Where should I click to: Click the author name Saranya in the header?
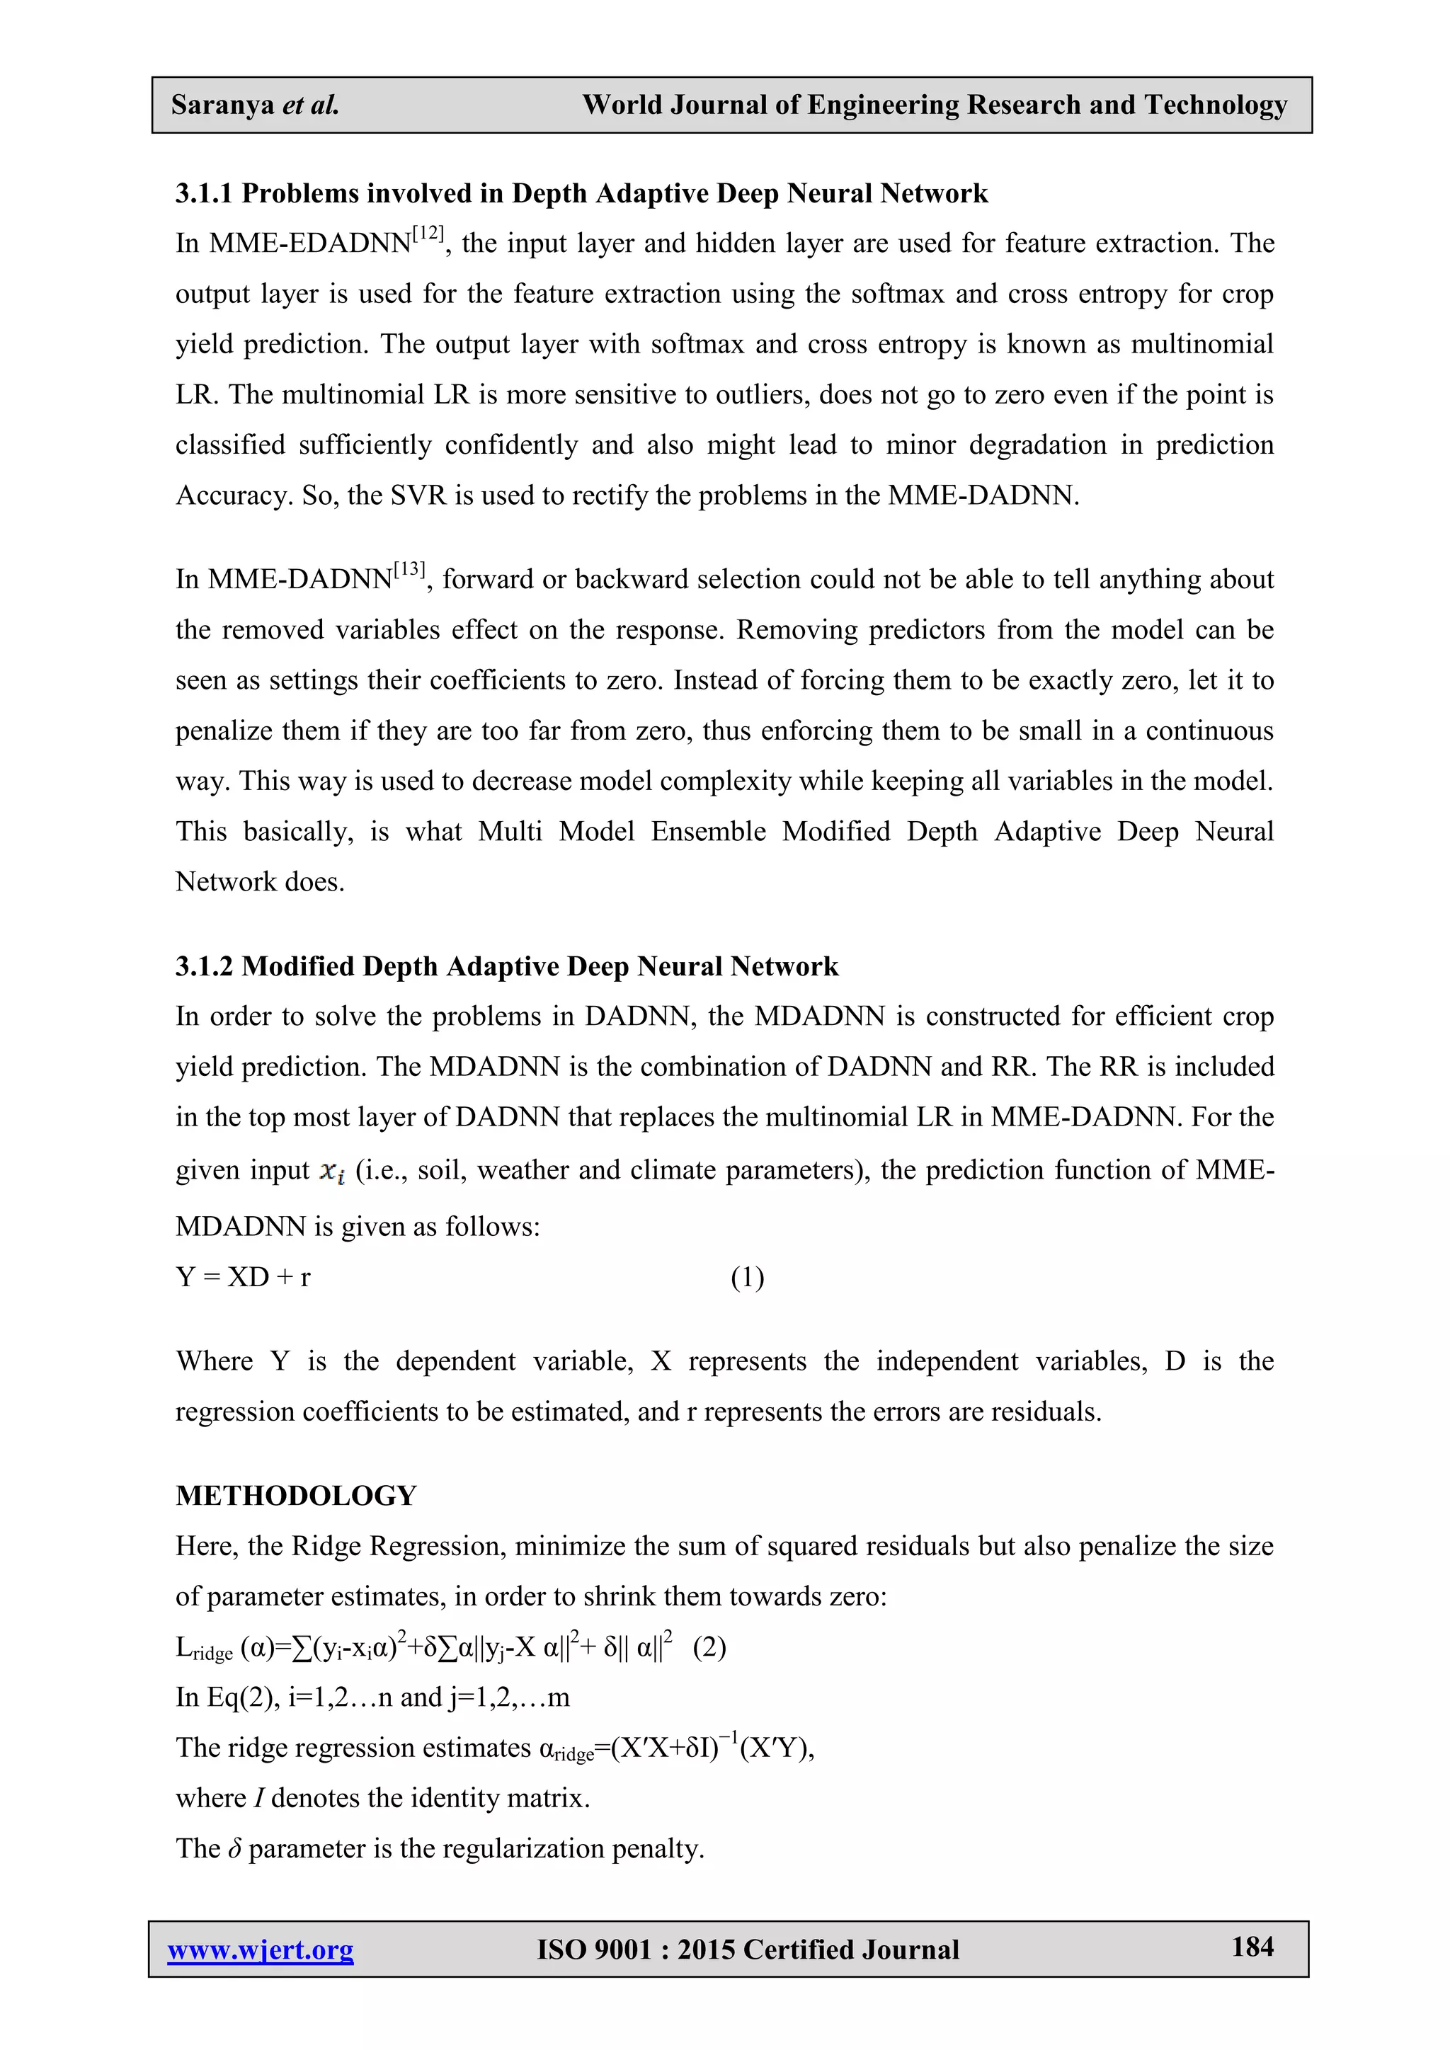[x=222, y=105]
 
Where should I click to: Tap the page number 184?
[x=1252, y=1947]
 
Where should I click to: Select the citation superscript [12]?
[x=428, y=234]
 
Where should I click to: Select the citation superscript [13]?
[x=409, y=570]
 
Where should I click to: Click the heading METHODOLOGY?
[x=297, y=1496]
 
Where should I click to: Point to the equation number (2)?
[x=709, y=1647]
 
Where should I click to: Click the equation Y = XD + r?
[x=243, y=1278]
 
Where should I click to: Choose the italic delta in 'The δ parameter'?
[x=235, y=1848]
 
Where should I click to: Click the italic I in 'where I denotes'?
[x=258, y=1797]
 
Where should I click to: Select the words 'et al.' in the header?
[x=310, y=105]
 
